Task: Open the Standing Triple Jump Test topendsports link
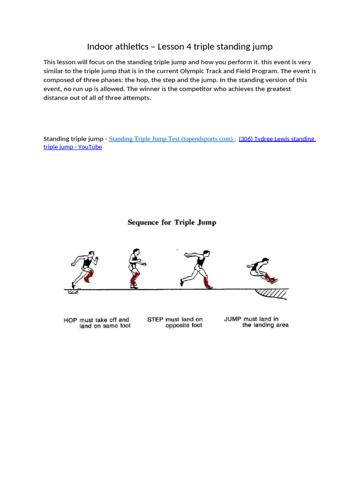click(x=171, y=139)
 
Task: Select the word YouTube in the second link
click(x=90, y=147)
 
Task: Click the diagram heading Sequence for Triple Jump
click(x=172, y=223)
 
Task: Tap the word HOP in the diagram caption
click(x=71, y=320)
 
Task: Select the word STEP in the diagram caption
click(x=155, y=320)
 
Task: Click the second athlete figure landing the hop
click(x=135, y=268)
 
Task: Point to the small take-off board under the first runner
click(x=73, y=292)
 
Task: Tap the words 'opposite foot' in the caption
click(x=184, y=326)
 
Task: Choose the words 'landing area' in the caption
click(x=265, y=325)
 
